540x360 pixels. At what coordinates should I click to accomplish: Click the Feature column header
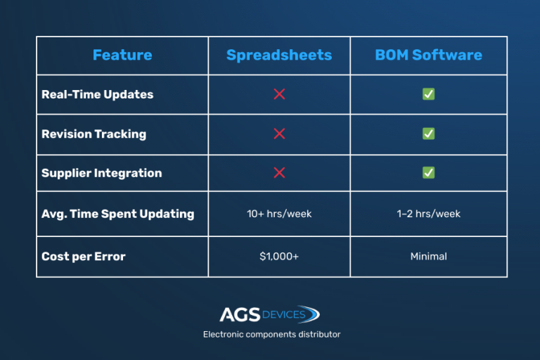pyautogui.click(x=122, y=56)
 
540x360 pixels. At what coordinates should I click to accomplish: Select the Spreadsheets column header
pyautogui.click(x=279, y=56)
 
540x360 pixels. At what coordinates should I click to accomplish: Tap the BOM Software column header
pyautogui.click(x=428, y=56)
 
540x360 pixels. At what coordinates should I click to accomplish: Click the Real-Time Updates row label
pyautogui.click(x=97, y=94)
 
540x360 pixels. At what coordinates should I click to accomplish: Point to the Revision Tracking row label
pyautogui.click(x=94, y=134)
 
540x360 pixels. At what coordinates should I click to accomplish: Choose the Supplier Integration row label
pyautogui.click(x=101, y=173)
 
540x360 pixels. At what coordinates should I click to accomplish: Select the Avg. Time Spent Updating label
pyautogui.click(x=117, y=214)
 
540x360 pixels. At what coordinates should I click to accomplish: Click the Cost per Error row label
pyautogui.click(x=83, y=257)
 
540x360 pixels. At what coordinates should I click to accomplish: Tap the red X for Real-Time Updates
pyautogui.click(x=279, y=94)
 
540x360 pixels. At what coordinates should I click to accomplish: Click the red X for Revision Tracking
pyautogui.click(x=279, y=134)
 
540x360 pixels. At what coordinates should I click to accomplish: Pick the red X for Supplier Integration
pyautogui.click(x=279, y=173)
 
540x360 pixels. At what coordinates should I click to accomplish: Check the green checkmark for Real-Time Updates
pyautogui.click(x=428, y=94)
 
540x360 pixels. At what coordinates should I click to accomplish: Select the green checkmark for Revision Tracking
pyautogui.click(x=428, y=134)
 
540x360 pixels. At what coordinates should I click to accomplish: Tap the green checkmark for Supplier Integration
pyautogui.click(x=428, y=173)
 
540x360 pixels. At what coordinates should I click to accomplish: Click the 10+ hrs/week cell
pyautogui.click(x=279, y=214)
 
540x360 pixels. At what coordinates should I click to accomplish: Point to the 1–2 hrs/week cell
pyautogui.click(x=428, y=214)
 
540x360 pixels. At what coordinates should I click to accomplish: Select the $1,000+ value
pyautogui.click(x=279, y=257)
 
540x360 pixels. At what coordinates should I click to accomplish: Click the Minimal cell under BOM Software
pyautogui.click(x=428, y=257)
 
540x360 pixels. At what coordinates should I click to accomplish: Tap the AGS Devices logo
pyautogui.click(x=270, y=314)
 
